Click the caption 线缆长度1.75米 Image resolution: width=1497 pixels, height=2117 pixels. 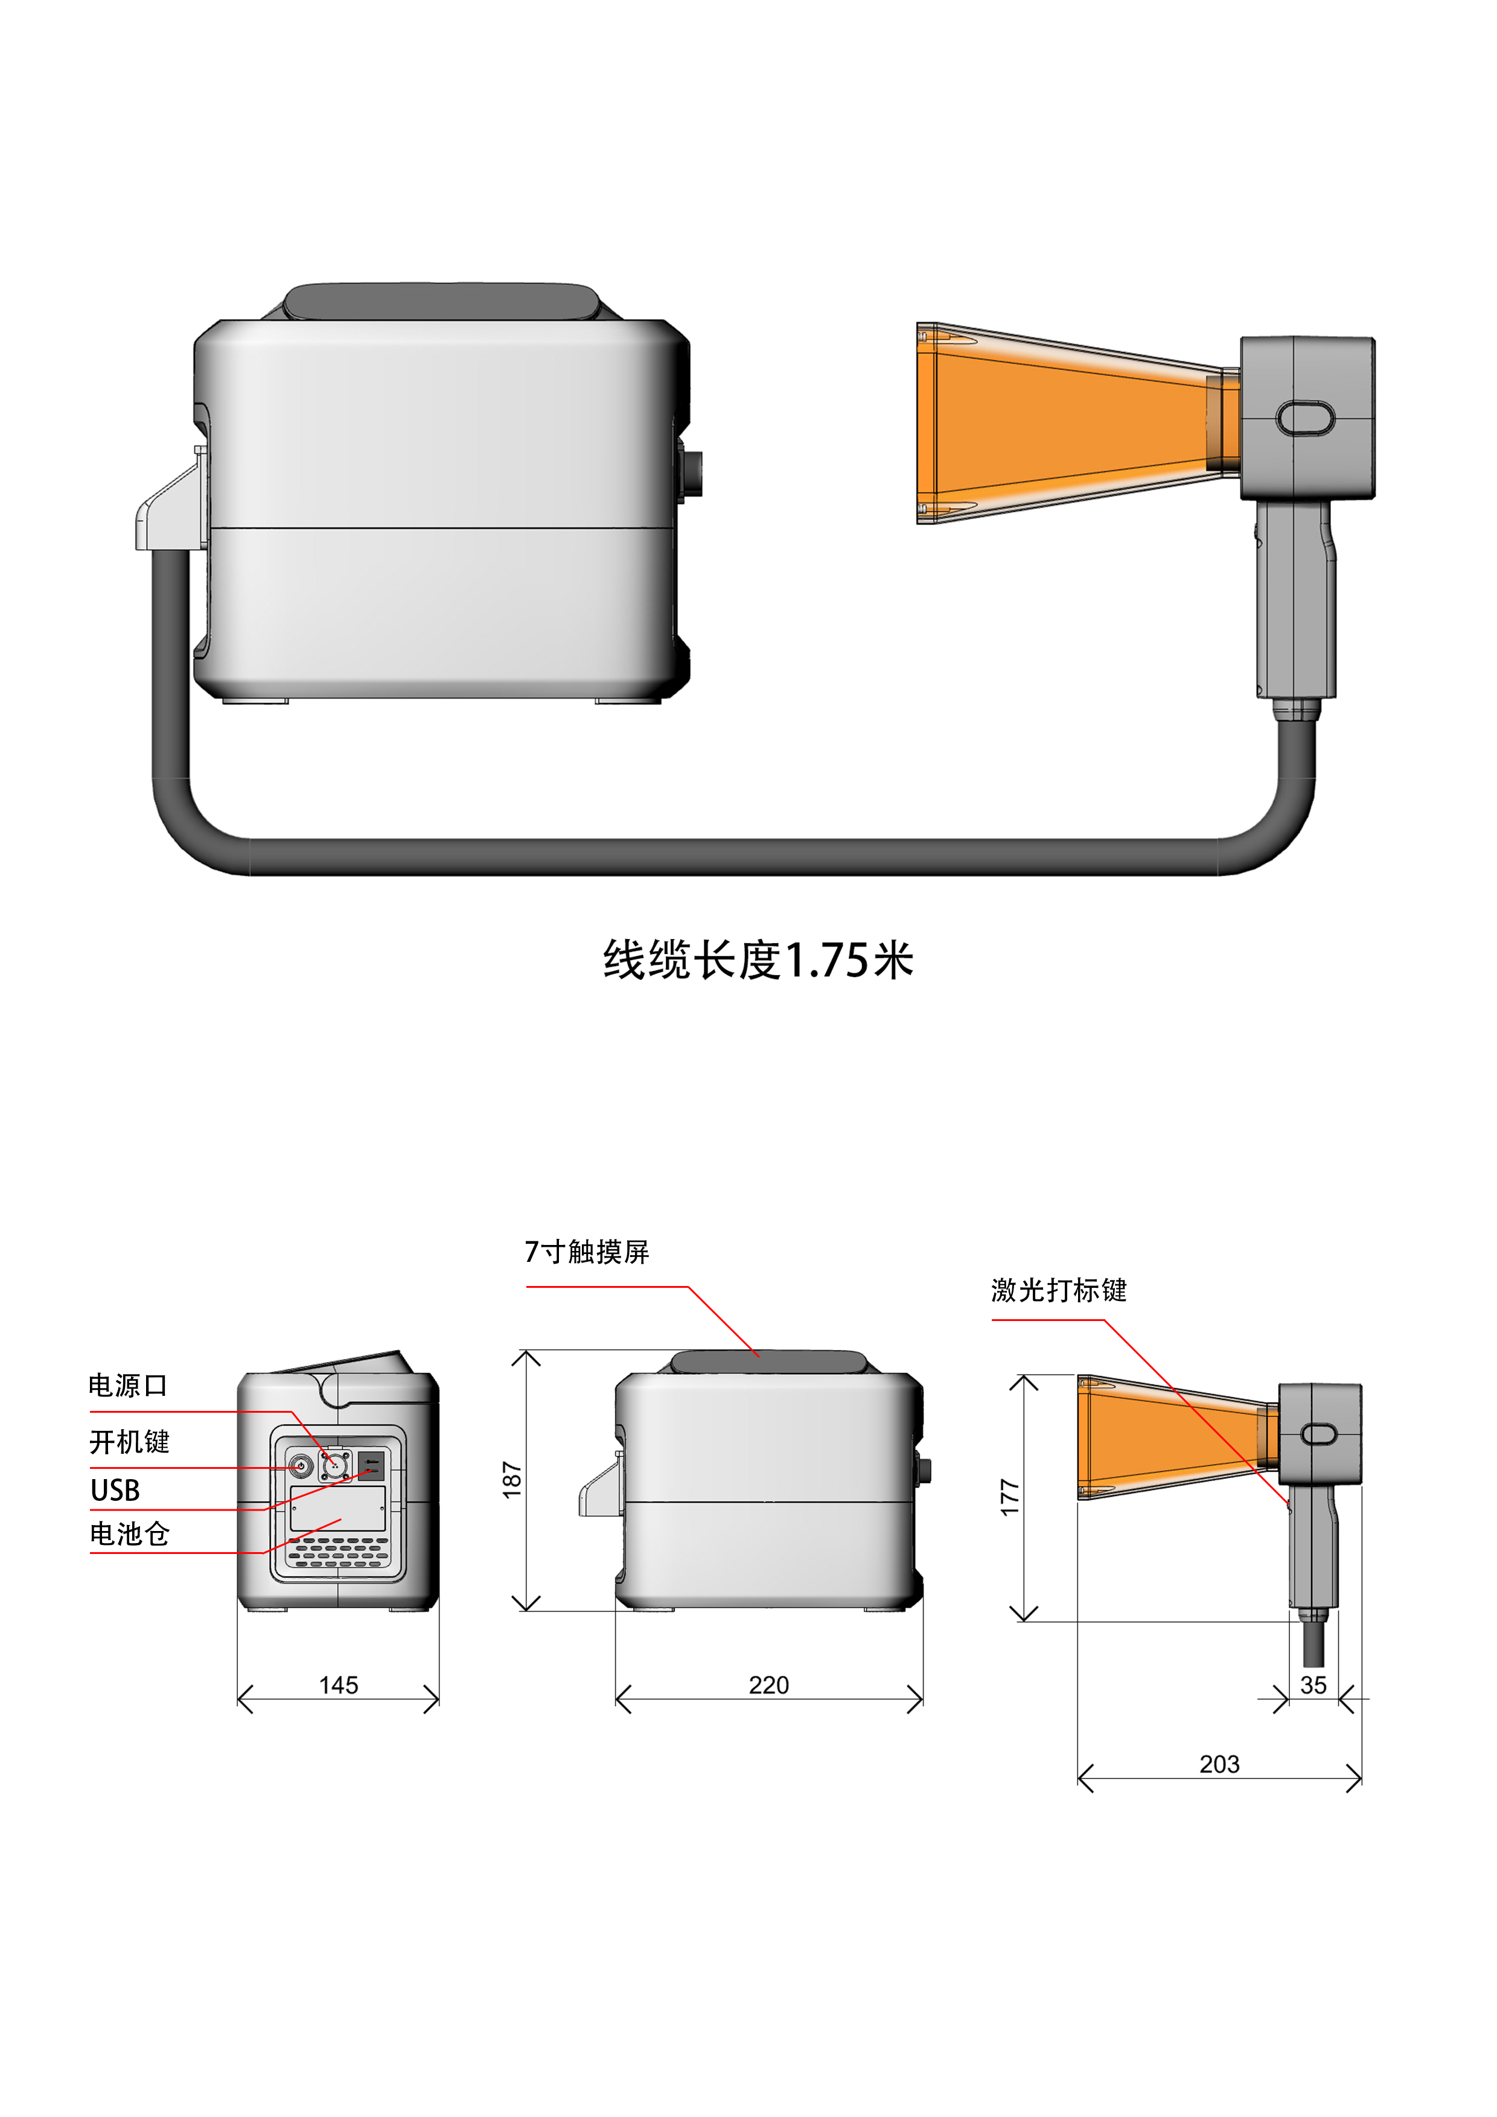[x=758, y=960]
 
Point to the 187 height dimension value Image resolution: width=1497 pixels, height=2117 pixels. [x=512, y=1480]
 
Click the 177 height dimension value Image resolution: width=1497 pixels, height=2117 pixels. [x=1010, y=1497]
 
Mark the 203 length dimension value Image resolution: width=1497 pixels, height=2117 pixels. [x=1219, y=1764]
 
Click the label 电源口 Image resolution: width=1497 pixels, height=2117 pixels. [x=128, y=1386]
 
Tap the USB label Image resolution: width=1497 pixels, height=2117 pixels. [x=115, y=1490]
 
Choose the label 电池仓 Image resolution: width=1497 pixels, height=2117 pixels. [x=130, y=1534]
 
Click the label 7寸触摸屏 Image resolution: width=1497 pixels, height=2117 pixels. [x=587, y=1252]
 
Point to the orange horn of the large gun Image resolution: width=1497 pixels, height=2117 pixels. [x=1061, y=422]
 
